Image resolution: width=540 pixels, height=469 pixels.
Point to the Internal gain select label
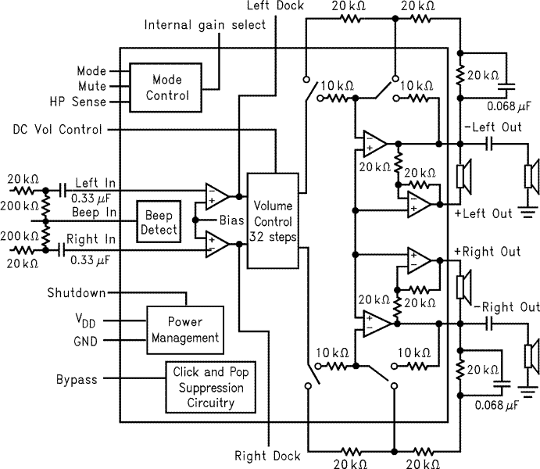click(205, 24)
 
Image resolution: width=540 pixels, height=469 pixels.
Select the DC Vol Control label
click(57, 129)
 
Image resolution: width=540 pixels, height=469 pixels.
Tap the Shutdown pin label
click(76, 293)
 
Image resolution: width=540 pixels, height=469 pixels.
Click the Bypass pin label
click(77, 380)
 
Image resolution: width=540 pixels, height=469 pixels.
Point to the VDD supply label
click(85, 320)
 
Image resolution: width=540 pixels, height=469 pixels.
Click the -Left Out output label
click(492, 127)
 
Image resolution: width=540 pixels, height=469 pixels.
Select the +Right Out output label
click(487, 252)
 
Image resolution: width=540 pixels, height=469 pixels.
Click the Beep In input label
click(95, 212)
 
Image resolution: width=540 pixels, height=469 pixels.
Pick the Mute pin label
click(91, 86)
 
